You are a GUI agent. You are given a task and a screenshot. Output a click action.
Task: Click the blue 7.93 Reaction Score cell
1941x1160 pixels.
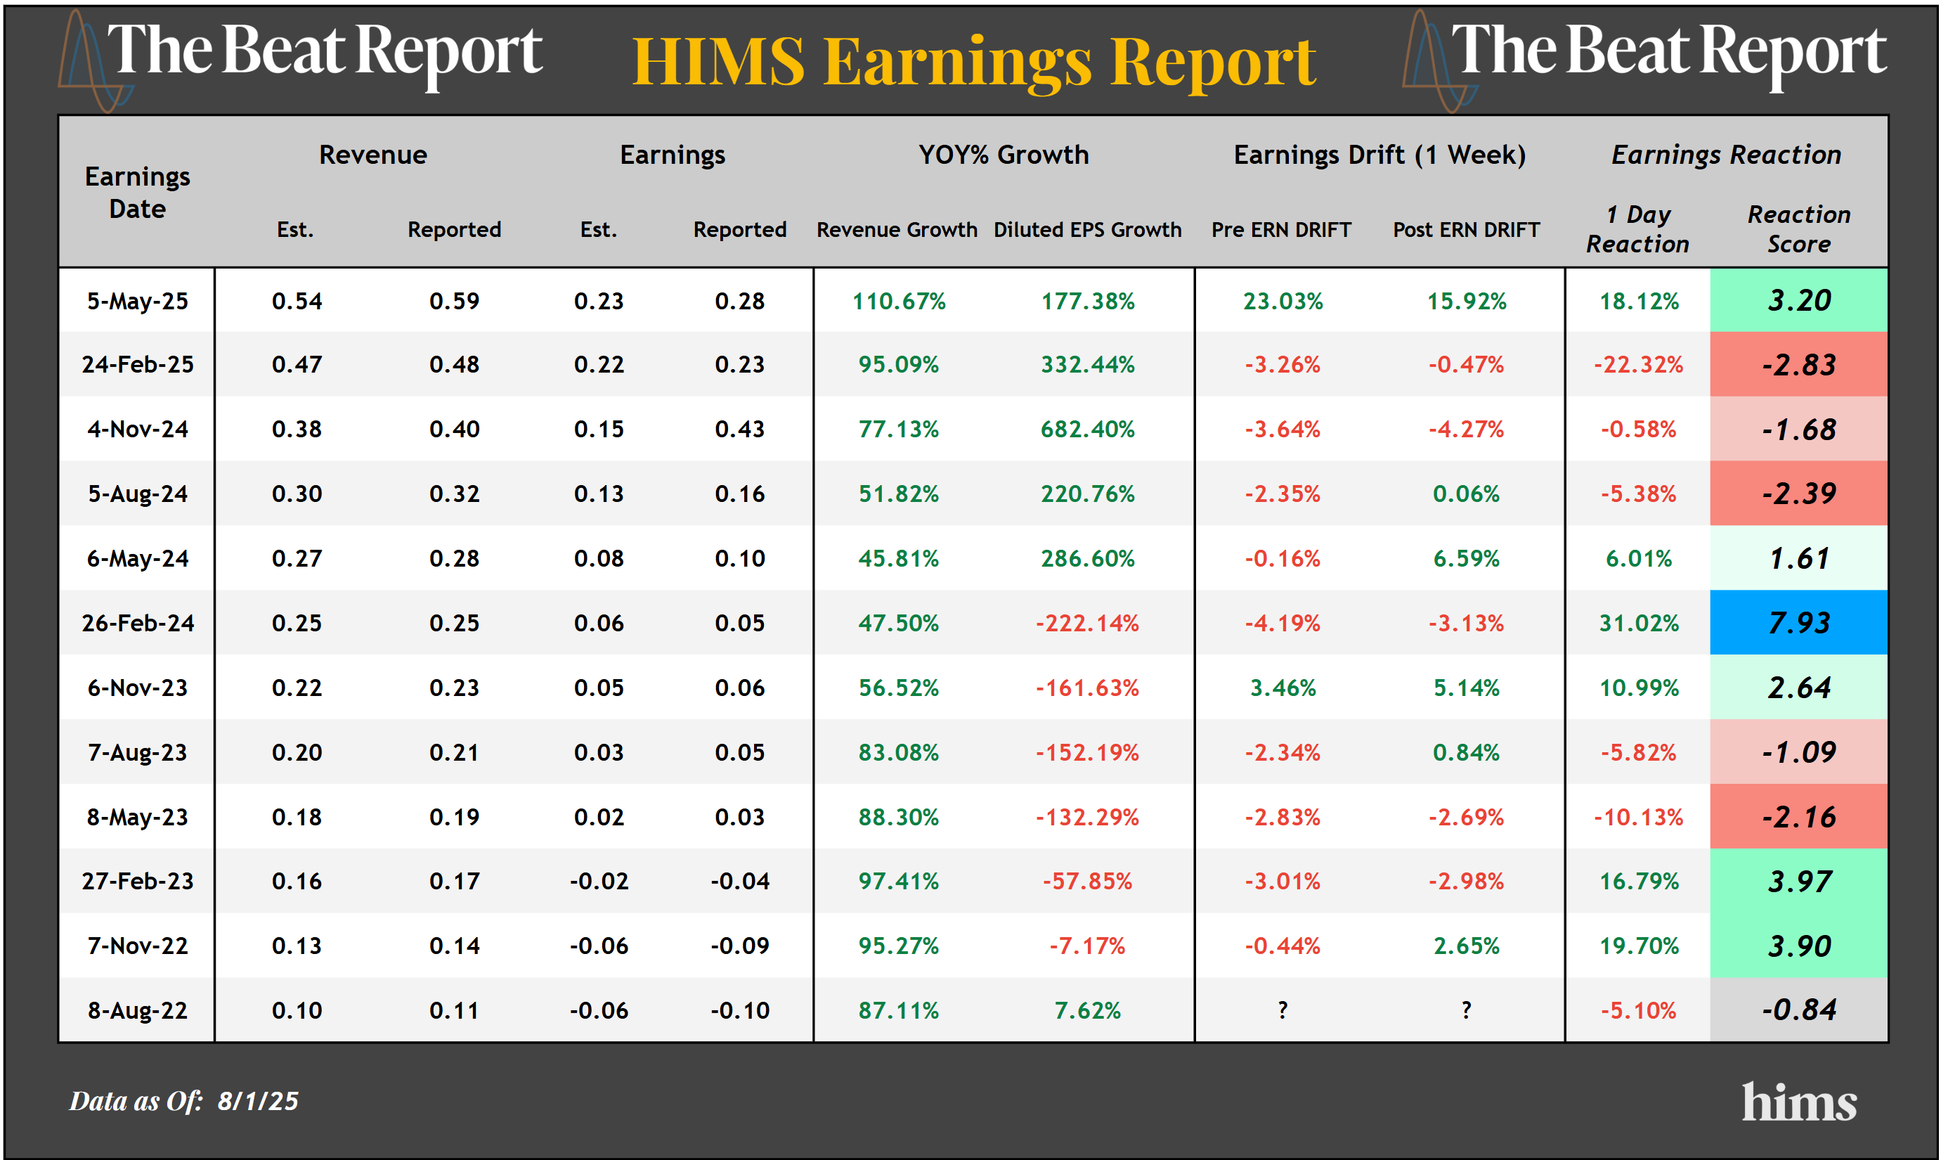[1798, 623]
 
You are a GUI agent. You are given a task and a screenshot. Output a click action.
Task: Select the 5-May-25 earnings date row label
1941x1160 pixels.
[138, 301]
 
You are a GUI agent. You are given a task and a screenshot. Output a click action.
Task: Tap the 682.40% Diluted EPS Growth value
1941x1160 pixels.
[1087, 429]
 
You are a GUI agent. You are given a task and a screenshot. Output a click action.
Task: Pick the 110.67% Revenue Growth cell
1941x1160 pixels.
[899, 301]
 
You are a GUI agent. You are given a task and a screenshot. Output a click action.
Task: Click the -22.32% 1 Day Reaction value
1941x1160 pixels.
[1638, 365]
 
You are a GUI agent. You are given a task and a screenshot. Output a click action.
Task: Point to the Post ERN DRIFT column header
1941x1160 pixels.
[1466, 230]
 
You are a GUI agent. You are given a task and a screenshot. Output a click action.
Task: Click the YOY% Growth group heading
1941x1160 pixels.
[1004, 155]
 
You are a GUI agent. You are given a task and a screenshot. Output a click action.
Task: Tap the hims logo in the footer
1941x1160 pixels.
[1798, 1102]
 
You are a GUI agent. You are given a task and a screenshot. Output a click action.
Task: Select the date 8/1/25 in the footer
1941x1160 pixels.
[258, 1100]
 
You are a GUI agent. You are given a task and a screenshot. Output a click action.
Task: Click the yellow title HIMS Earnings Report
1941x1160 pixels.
[973, 63]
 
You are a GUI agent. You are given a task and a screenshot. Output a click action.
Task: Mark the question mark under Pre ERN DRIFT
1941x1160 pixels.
[1283, 1010]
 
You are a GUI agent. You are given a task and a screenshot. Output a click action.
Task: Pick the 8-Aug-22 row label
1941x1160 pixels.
[138, 1010]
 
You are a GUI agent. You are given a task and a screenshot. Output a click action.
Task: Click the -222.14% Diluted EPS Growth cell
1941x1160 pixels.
[1087, 623]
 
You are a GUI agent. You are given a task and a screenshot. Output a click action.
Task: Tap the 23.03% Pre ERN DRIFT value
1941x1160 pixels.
[1283, 301]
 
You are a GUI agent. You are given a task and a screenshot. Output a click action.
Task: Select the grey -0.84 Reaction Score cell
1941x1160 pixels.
[1798, 1010]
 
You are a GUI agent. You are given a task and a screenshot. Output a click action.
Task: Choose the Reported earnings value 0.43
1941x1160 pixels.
[739, 429]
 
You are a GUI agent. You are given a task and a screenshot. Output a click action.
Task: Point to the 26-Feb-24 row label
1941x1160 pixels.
[138, 623]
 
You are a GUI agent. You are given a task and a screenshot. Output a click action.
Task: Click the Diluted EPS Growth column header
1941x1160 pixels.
[1087, 230]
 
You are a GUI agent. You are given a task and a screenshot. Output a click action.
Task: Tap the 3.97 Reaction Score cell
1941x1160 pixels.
[1798, 881]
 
